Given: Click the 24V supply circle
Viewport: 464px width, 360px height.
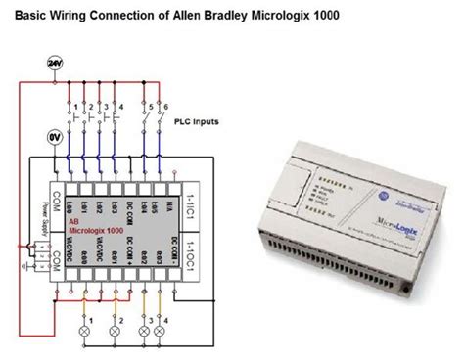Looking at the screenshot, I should [x=54, y=64].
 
